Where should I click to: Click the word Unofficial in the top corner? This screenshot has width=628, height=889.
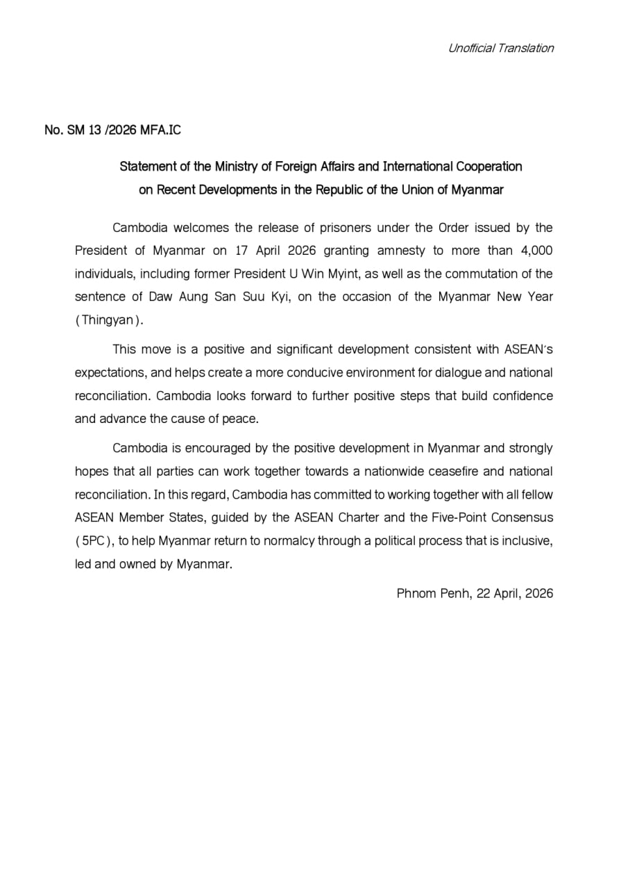[472, 48]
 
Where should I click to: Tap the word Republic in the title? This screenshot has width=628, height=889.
[337, 190]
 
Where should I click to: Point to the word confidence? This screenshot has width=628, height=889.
[521, 396]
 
